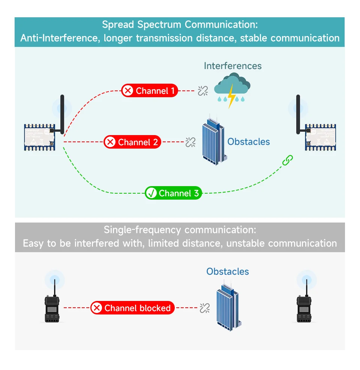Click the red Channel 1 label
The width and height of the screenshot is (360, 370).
point(149,91)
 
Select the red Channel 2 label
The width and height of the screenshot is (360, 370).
point(132,142)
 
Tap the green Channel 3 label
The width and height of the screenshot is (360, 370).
point(174,193)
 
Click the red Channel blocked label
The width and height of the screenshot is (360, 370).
point(132,308)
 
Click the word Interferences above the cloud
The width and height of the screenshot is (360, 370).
point(232,66)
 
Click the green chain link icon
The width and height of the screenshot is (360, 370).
point(287,160)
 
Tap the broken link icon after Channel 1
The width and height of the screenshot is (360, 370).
point(203,91)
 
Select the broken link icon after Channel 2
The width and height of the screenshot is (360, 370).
point(190,142)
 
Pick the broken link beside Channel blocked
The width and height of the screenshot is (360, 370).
point(204,308)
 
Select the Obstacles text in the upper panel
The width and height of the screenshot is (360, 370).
point(249,142)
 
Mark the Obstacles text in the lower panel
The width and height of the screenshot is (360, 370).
point(228,272)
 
